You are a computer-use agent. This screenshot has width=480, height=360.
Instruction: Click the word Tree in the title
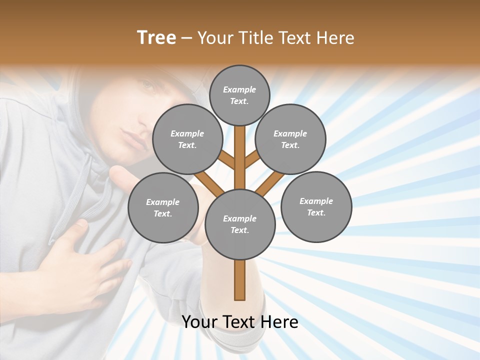(x=156, y=38)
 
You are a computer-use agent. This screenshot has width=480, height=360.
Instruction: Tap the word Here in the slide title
(x=335, y=38)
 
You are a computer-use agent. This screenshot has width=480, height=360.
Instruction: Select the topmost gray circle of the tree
(x=239, y=95)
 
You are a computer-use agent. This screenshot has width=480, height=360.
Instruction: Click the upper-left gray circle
(x=187, y=139)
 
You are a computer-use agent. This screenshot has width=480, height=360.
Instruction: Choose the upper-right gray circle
(x=290, y=139)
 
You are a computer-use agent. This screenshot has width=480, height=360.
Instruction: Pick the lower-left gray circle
(x=162, y=207)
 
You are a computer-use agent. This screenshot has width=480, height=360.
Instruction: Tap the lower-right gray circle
(x=316, y=206)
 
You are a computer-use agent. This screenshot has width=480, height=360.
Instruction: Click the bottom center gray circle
(x=239, y=224)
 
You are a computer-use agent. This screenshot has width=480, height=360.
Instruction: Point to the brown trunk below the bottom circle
(x=239, y=280)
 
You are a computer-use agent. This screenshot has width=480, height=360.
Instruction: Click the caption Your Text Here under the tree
(x=239, y=322)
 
